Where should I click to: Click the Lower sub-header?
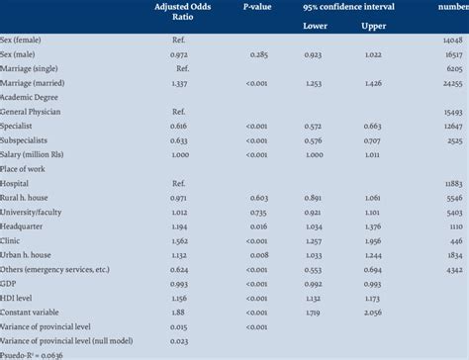[x=315, y=25]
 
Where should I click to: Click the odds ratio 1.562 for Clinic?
[x=179, y=240]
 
